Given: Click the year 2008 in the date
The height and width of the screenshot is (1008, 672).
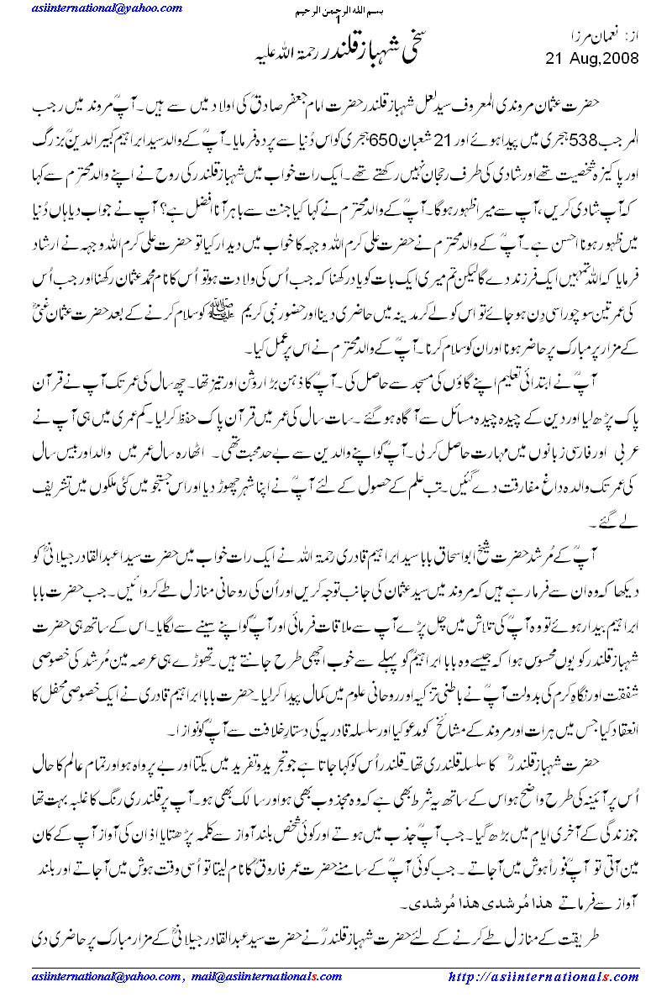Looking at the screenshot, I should click(622, 58).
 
